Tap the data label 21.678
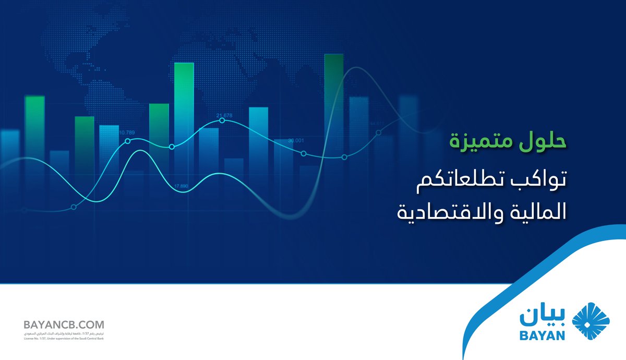[x=224, y=115]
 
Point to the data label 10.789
[x=127, y=132]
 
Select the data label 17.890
[x=181, y=186]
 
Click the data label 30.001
[x=296, y=140]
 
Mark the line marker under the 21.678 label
[x=222, y=121]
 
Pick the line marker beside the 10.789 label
[x=127, y=141]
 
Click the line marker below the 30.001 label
[x=304, y=153]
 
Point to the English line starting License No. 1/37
[x=64, y=338]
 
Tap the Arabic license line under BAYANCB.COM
[x=64, y=333]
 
